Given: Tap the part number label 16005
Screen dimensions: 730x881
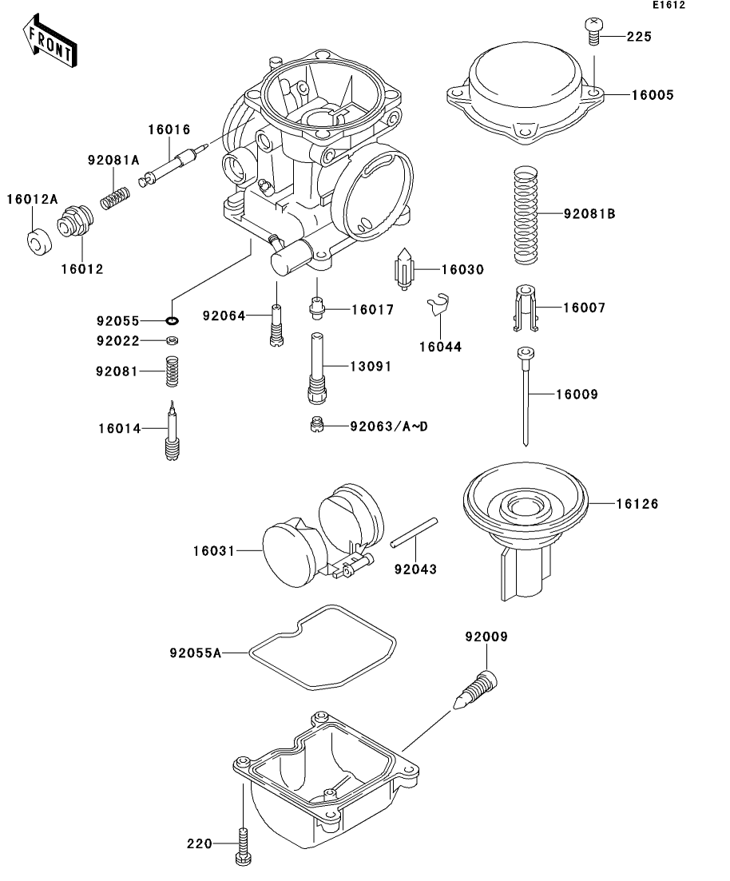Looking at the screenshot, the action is pos(653,95).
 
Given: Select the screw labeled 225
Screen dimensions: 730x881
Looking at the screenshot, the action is pos(593,31).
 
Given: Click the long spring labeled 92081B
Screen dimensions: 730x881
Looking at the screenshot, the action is pos(526,215).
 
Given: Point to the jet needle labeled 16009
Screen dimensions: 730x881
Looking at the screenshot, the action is pos(526,397).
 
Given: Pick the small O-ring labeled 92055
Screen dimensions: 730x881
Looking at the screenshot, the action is pos(172,321).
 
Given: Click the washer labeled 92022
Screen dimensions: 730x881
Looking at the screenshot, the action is pos(172,340).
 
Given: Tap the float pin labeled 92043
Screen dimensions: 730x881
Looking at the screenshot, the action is pos(415,532).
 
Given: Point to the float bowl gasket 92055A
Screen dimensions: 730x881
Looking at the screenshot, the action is pos(323,647).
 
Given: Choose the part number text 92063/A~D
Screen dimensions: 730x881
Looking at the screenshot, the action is pos(389,427).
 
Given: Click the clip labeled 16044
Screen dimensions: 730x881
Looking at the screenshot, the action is pos(437,305).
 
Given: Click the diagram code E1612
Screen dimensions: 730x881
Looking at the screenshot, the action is pos(669,5).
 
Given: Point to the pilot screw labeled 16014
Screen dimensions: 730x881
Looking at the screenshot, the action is pos(172,431).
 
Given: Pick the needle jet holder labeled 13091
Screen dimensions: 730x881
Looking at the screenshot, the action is pos(317,368).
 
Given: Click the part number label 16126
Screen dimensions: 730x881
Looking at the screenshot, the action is pos(637,504).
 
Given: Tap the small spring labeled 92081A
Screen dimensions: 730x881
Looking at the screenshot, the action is pos(115,198).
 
